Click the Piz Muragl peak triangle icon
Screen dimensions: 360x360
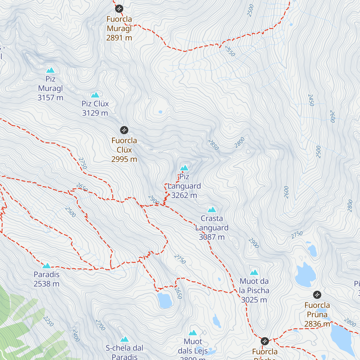pos(50,70)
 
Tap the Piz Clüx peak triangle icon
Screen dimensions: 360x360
pos(95,95)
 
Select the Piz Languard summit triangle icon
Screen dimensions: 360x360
pos(184,168)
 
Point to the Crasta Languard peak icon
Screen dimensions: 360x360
pos(212,209)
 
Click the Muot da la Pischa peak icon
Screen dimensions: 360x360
pos(254,272)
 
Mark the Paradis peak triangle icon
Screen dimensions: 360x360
pos(46,266)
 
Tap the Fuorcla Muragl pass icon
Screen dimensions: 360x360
pos(119,8)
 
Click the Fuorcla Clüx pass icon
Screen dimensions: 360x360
pos(124,130)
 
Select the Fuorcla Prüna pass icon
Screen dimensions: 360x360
pos(317,295)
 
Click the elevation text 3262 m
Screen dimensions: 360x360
pos(184,195)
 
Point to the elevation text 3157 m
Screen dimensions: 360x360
pos(50,98)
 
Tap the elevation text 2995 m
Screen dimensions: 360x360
pos(124,159)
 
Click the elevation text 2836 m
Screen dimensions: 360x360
pos(317,324)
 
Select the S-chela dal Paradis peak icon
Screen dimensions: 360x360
pos(124,339)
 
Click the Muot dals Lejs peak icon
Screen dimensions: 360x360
pos(193,333)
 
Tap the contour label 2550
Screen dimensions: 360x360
pos(230,51)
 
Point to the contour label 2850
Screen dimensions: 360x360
pos(213,145)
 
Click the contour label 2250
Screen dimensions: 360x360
pos(48,321)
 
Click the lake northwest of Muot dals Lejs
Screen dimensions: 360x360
pos(164,301)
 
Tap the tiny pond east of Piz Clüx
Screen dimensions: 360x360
pos(160,112)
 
